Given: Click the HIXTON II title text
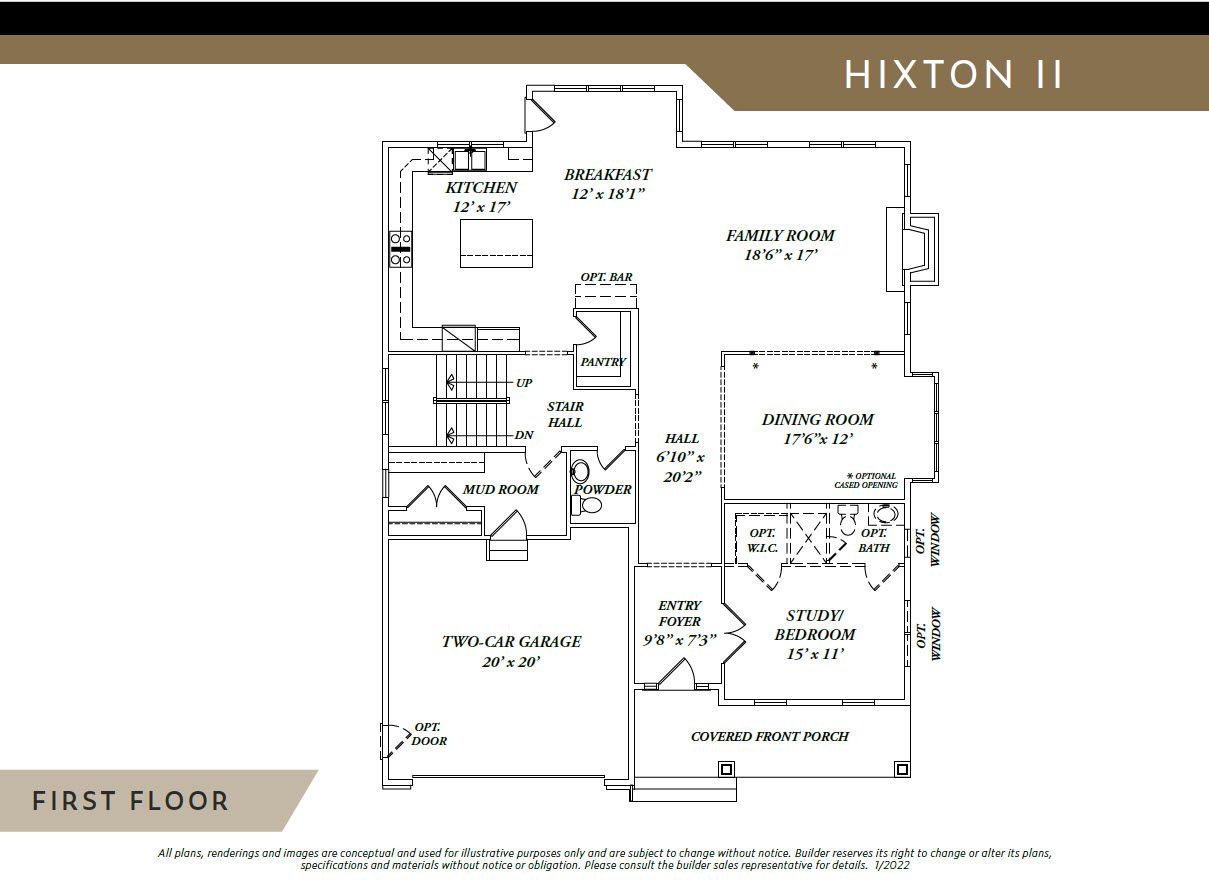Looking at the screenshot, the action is click(x=953, y=74).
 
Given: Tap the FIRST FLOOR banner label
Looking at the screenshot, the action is click(x=131, y=801).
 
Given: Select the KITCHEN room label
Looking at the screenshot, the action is click(x=481, y=188).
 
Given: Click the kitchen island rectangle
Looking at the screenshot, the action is click(x=496, y=243).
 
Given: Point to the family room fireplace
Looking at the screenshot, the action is click(x=912, y=249).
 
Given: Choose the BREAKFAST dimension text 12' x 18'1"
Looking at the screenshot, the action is click(x=608, y=194).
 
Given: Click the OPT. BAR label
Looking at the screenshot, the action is click(x=606, y=277).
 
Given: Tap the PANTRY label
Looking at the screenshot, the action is click(x=603, y=362).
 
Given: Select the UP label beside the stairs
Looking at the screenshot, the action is click(x=524, y=383).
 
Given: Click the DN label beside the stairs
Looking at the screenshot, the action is click(x=524, y=435).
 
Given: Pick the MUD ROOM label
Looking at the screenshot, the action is click(x=500, y=489).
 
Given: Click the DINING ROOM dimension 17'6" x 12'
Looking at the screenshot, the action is click(x=818, y=439).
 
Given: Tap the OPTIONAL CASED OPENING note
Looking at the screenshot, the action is click(x=866, y=480).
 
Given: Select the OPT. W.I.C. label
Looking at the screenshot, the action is click(x=762, y=540).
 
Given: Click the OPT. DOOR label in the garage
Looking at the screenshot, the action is click(x=429, y=734).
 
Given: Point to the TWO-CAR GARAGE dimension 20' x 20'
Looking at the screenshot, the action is click(x=511, y=662).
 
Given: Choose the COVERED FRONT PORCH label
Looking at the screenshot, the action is click(x=770, y=737).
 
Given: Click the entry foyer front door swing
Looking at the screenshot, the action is click(x=676, y=675).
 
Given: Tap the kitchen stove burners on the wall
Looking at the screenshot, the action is click(x=400, y=249).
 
